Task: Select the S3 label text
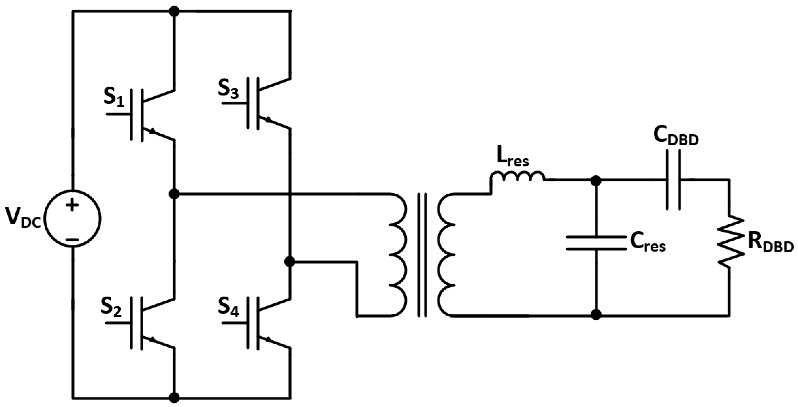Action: coord(228,89)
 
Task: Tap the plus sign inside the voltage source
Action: coord(72,205)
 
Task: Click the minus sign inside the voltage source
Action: coord(72,239)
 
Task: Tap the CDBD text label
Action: coord(676,137)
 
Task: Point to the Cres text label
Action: coord(647,243)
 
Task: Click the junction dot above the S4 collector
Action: coord(290,262)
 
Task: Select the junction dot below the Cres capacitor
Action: coord(596,315)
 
